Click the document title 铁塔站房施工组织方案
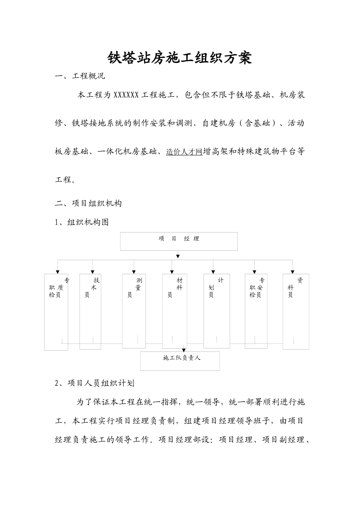[180, 58]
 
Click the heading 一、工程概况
[80, 76]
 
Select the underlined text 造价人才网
[184, 152]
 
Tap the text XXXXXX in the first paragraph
[126, 95]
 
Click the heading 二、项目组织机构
[88, 203]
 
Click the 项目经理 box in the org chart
[179, 241]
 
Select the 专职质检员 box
[56, 312]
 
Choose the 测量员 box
[134, 311]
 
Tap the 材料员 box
[175, 311]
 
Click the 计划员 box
[216, 311]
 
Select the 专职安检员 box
[256, 311]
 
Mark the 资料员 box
[296, 311]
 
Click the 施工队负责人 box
[180, 361]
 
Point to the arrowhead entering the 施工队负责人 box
[183, 350]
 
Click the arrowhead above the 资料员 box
[293, 272]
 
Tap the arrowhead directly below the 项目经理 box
[178, 256]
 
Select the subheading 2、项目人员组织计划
[94, 383]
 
